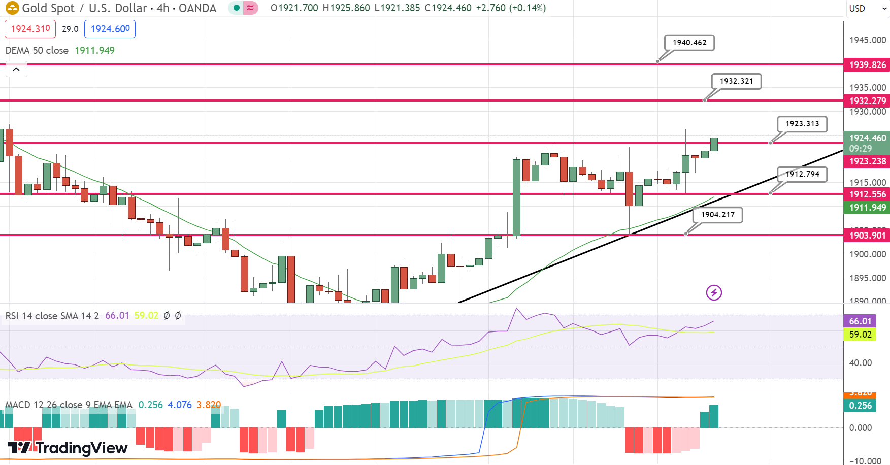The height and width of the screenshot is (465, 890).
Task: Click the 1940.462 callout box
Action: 689,43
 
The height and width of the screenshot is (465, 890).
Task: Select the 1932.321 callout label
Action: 736,81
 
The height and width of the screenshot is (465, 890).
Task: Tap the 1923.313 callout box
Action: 802,124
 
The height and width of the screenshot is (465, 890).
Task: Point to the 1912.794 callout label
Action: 802,174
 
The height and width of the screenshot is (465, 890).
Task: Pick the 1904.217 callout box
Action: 717,215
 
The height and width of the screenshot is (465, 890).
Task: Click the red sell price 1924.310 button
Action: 30,29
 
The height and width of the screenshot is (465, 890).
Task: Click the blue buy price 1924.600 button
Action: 110,29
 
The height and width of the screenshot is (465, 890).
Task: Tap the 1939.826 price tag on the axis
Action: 867,65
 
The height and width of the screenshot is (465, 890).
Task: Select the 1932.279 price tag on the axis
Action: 867,101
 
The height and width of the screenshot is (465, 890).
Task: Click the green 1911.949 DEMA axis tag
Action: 867,208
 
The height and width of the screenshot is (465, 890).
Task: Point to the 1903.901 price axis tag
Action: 867,236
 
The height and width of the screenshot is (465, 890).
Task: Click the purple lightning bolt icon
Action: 714,292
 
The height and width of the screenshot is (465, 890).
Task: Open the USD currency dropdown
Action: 866,8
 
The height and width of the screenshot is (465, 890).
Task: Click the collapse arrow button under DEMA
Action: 16,70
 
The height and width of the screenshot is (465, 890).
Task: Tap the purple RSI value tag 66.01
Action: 860,321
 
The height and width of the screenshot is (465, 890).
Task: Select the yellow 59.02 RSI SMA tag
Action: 860,335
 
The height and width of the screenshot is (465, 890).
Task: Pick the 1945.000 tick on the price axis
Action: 867,40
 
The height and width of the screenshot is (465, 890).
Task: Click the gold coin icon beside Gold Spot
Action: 12,8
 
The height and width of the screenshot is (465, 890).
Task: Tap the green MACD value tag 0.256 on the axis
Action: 860,406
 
